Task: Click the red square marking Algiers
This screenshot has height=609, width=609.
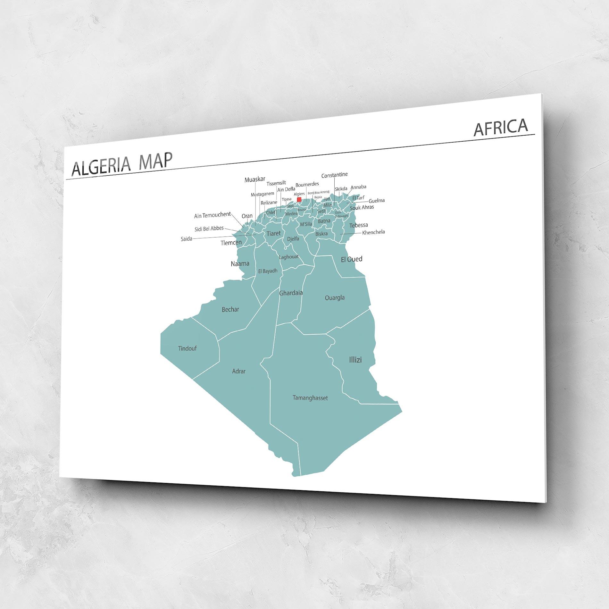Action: pyautogui.click(x=299, y=199)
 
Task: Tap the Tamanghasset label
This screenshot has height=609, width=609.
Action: pyautogui.click(x=310, y=398)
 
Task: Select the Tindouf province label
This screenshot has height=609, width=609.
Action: pyautogui.click(x=187, y=348)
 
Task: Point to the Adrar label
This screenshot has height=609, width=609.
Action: pyautogui.click(x=238, y=371)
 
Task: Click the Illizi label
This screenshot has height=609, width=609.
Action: pyautogui.click(x=355, y=360)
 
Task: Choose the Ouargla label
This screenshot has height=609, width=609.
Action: pyautogui.click(x=335, y=298)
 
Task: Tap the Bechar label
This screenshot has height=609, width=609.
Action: pyautogui.click(x=230, y=309)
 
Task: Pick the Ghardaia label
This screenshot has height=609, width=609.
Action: pyautogui.click(x=291, y=293)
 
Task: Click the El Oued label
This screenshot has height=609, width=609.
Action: pyautogui.click(x=351, y=259)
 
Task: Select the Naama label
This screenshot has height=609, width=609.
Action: pyautogui.click(x=240, y=263)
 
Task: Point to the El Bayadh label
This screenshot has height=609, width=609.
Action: pyautogui.click(x=268, y=271)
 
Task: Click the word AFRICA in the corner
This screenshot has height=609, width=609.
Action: pyautogui.click(x=500, y=127)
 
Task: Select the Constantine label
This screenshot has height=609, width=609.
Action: pyautogui.click(x=334, y=175)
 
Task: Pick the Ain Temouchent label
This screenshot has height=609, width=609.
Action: pyautogui.click(x=212, y=215)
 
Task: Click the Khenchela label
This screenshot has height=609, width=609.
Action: pyautogui.click(x=373, y=232)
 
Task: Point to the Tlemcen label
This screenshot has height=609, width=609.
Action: pyautogui.click(x=231, y=243)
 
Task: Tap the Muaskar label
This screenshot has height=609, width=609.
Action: pyautogui.click(x=255, y=179)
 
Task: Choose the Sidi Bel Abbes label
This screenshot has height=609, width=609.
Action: pyautogui.click(x=209, y=229)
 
